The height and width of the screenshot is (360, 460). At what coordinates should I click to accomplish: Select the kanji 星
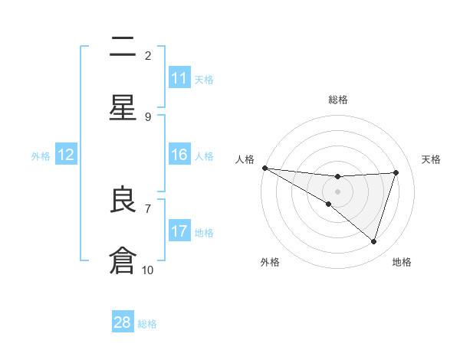coord(123,108)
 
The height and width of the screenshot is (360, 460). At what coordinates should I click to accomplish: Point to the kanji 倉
coord(123,261)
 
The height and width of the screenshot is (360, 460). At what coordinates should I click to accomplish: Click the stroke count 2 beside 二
coord(148,55)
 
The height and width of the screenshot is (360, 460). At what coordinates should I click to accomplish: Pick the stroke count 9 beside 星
coord(148,116)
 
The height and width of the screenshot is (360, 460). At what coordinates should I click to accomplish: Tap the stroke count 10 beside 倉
coord(148,270)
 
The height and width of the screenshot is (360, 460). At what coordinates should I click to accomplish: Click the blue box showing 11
coord(179,78)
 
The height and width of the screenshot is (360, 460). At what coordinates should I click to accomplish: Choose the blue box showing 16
coord(179,155)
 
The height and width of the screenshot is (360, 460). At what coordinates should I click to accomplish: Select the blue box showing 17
coord(179,231)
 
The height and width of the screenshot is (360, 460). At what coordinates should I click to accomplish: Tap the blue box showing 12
coord(66,155)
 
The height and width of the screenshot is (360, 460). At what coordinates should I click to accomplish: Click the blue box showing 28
coord(123,322)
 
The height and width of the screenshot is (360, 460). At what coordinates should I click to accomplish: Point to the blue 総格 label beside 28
coord(147,324)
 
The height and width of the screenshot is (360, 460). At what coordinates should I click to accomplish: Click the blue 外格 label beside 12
coord(41,156)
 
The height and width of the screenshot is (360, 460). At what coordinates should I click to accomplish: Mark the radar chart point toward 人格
coord(264,167)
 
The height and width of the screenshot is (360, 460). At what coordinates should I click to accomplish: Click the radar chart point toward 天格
coord(396,172)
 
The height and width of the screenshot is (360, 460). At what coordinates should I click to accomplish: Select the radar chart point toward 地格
coord(373,241)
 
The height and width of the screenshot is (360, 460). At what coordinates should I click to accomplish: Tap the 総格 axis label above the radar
coord(337,100)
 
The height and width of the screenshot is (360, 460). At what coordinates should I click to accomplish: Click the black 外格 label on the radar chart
coord(269,262)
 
